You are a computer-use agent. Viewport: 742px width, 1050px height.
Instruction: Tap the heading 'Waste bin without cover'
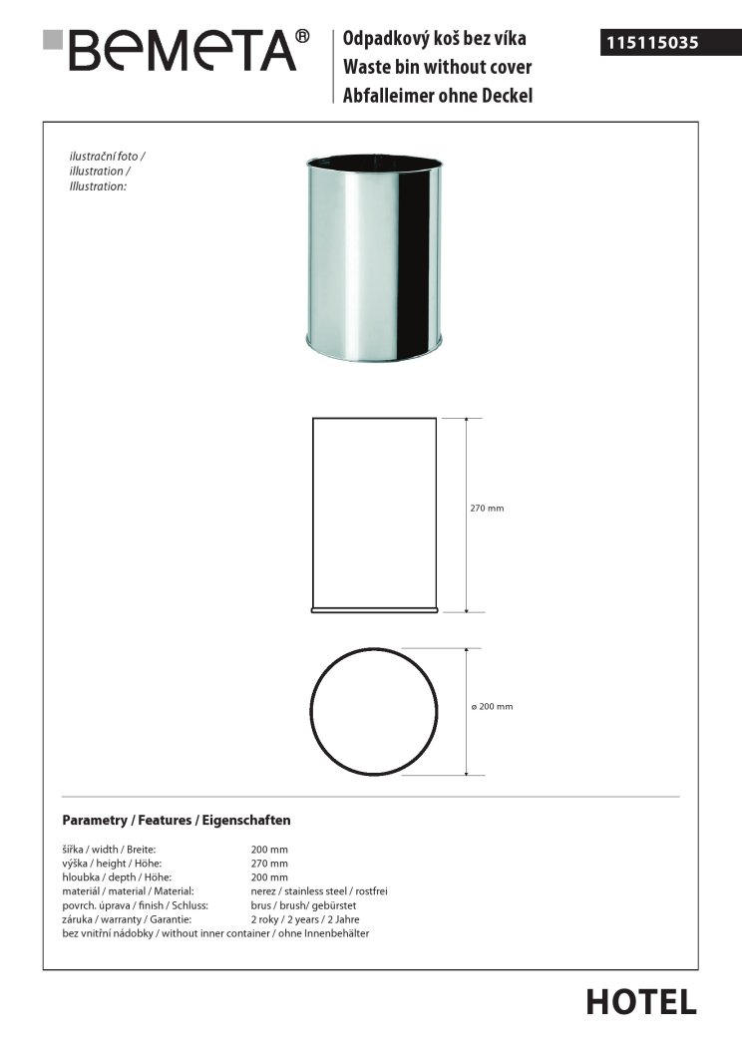point(437,68)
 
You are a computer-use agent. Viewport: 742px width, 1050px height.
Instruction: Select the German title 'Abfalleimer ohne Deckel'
point(438,96)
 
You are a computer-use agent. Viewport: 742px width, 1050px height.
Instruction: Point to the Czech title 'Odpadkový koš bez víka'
point(434,39)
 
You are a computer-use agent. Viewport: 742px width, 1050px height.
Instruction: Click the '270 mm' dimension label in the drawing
point(487,509)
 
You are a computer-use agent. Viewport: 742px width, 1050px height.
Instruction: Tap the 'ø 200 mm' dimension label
point(492,707)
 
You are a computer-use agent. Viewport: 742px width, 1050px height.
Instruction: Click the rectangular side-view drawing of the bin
point(374,514)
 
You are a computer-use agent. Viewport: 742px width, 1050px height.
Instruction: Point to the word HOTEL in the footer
point(640,1002)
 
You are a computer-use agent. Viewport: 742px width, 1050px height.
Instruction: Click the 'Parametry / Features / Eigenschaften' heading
point(177,821)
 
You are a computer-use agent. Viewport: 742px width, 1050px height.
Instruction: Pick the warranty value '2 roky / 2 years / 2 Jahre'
point(305,919)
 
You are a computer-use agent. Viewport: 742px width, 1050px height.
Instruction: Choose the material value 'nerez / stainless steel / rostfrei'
point(325,891)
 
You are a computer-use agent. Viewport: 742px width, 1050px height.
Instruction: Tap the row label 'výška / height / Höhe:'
point(112,864)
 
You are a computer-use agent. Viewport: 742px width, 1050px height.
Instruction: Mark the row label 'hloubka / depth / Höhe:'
point(117,877)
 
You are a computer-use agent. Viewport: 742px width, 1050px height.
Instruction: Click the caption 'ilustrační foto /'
point(108,158)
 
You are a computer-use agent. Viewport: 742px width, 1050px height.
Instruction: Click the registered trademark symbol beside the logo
point(303,37)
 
